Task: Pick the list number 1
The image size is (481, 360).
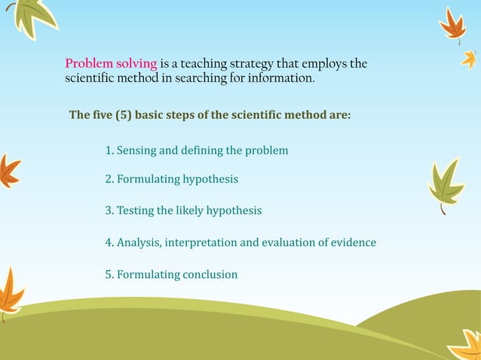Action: [109, 151]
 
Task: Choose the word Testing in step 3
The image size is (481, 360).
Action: [135, 211]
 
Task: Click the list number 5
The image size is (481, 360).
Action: [109, 274]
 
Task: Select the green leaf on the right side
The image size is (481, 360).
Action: [446, 183]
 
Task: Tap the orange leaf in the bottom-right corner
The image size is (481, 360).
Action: [464, 345]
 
